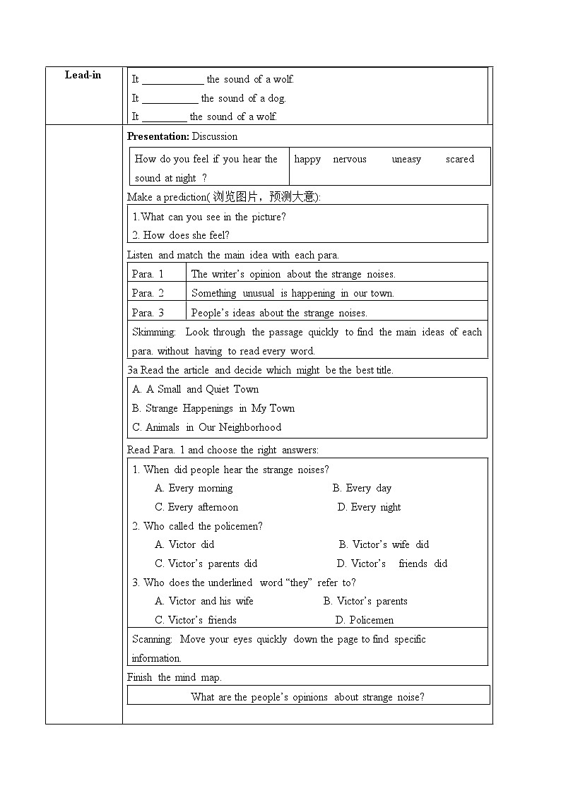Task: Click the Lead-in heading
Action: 83,75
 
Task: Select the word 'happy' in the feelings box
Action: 307,160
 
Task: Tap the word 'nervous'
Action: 350,160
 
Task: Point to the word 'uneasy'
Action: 406,160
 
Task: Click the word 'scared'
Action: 460,160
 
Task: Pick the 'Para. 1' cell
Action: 148,274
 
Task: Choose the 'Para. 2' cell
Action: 148,293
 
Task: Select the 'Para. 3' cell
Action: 148,312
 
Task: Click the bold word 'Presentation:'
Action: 158,136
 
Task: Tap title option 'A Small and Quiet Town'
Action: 195,389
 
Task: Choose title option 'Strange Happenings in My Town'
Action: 213,408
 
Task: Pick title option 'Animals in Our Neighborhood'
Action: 206,427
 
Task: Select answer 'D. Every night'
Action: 369,507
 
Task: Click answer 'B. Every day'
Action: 362,488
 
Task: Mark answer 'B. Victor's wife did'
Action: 384,544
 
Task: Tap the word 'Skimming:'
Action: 153,332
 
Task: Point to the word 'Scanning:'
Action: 152,639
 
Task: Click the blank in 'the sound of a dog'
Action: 170,99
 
